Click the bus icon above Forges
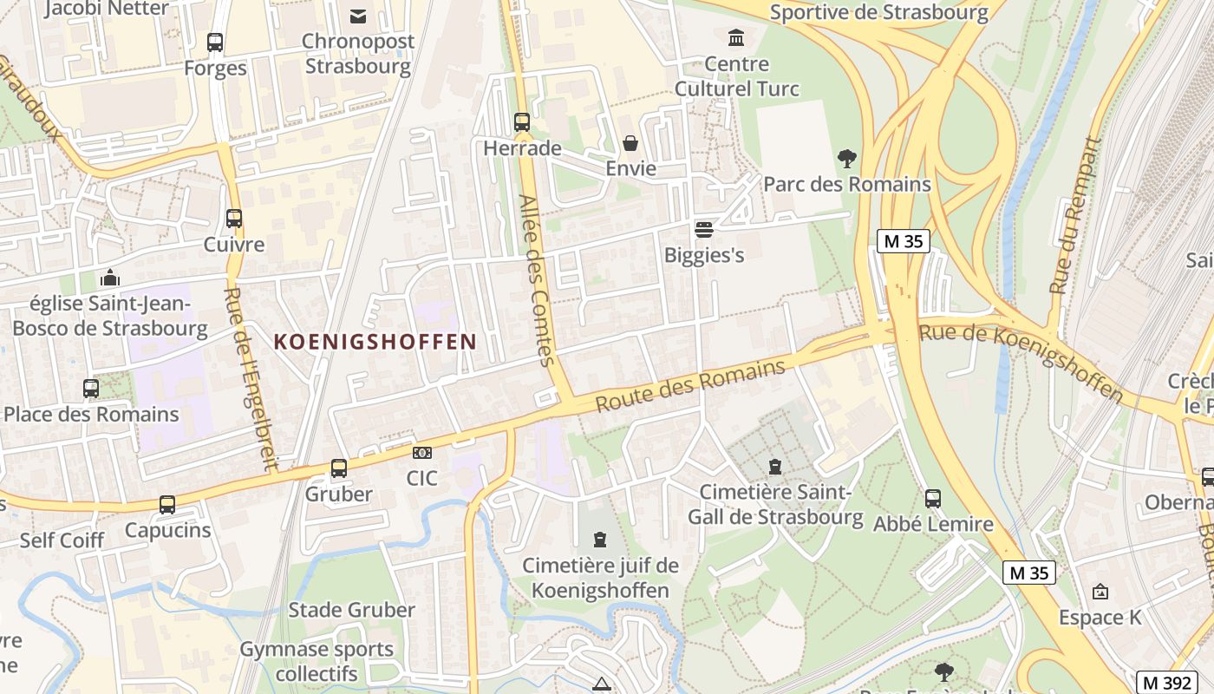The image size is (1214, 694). coord(214,42)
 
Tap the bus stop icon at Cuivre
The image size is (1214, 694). coord(234,219)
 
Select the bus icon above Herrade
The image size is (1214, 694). coord(522,122)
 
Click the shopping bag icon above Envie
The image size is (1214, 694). coord(630,142)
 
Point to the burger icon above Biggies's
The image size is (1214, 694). coord(704,230)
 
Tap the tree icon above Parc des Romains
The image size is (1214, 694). coord(847,159)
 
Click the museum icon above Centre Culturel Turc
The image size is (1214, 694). coord(736,37)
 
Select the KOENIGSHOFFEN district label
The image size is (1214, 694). coord(375,342)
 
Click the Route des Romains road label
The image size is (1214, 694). coord(690,386)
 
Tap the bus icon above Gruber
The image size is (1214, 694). coord(339,468)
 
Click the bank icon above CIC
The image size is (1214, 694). coord(422,452)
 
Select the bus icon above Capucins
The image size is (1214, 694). coord(167,504)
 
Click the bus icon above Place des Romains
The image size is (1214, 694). coord(91,389)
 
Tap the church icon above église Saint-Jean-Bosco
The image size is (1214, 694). coord(110,278)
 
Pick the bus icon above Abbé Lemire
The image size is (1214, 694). coord(933,498)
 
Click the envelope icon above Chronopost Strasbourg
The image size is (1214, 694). coord(357,16)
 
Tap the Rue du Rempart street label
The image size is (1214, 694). coord(1074,216)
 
